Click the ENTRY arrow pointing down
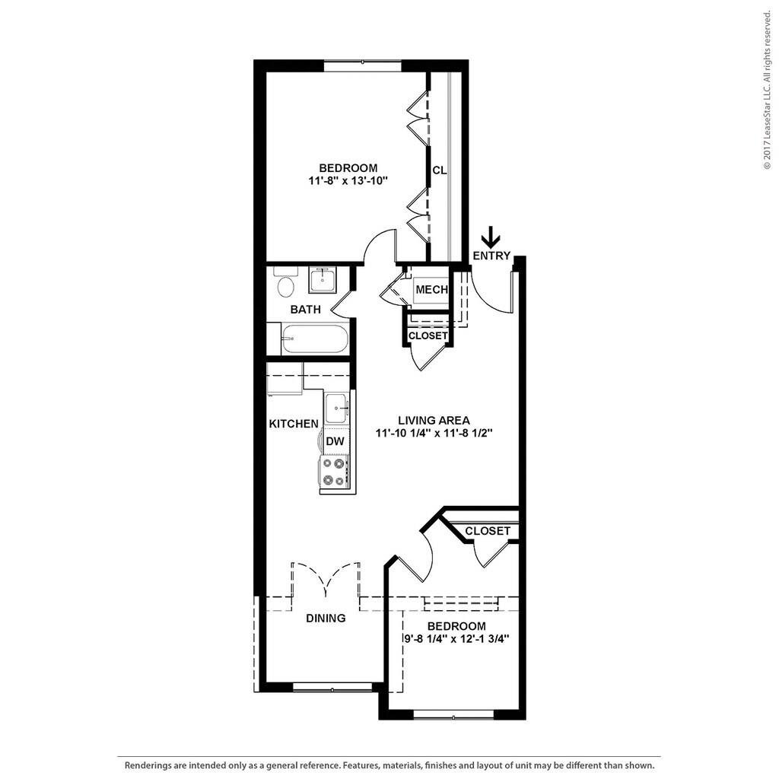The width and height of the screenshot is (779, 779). pos(492,237)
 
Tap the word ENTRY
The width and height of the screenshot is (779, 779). pos(491,256)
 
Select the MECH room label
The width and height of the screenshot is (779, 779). pos(431,290)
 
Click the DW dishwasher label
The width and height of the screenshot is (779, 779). pos(334,440)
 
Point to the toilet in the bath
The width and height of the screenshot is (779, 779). pos(287,285)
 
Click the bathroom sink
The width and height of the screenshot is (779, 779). pos(323,280)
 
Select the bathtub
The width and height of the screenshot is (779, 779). pos(314,339)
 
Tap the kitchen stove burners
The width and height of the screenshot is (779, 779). pos(333,471)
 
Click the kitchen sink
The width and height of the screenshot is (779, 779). pos(336,409)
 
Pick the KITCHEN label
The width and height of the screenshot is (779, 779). pos(293,424)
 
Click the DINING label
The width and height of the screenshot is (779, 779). pos(326,618)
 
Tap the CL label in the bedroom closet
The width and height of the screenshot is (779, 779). pos(439,170)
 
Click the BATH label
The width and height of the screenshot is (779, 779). pos(305,310)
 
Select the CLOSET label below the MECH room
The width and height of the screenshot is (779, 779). pos(428,335)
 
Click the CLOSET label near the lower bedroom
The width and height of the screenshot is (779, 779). pos(487,531)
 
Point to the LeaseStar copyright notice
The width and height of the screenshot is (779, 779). pos(767,91)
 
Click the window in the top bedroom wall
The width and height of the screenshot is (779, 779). pos(362,66)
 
